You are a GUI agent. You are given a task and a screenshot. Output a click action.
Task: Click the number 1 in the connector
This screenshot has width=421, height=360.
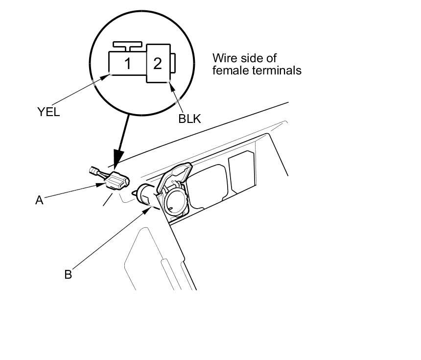[128, 64]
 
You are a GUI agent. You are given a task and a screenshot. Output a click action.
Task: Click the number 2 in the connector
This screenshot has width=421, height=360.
[158, 64]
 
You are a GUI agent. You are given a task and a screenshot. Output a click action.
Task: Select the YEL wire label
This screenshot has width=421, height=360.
[48, 112]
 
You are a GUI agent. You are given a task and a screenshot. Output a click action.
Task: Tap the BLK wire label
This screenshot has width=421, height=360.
[189, 119]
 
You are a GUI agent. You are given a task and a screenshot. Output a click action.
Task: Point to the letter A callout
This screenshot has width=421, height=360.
[39, 200]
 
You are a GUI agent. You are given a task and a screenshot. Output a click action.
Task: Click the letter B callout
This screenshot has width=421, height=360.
[68, 274]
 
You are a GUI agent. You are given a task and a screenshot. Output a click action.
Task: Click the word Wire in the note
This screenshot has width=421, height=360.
[225, 58]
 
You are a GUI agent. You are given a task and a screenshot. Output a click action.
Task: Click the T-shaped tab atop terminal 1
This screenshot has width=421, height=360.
[128, 46]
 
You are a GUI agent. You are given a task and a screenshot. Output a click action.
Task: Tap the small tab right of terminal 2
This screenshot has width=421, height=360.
[173, 63]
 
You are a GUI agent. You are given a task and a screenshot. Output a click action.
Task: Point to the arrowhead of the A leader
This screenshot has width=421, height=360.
[101, 185]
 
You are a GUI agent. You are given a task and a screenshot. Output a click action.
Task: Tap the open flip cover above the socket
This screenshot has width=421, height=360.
[175, 176]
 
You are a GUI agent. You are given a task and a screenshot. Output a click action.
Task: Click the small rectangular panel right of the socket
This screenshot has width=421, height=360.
[242, 171]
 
